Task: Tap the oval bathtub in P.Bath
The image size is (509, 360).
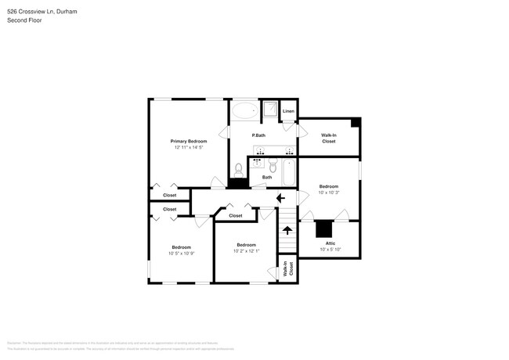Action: click(x=245, y=110)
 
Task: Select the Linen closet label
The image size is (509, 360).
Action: click(x=288, y=112)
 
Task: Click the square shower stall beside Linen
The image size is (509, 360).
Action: click(x=270, y=110)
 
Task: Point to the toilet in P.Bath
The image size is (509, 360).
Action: click(x=239, y=167)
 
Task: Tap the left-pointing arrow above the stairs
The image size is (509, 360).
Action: click(x=280, y=200)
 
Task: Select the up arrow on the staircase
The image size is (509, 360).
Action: click(x=287, y=230)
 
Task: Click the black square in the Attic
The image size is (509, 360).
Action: click(x=323, y=229)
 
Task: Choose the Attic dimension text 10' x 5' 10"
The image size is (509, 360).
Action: click(x=330, y=250)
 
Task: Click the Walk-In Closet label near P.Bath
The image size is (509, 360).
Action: click(x=328, y=139)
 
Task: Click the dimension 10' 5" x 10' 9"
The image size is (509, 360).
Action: click(x=181, y=253)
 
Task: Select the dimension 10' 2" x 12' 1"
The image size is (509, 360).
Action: click(x=246, y=250)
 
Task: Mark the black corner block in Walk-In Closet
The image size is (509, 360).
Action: click(x=356, y=122)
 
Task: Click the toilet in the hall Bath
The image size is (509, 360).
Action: click(x=273, y=167)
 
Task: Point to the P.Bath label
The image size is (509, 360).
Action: click(x=258, y=136)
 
